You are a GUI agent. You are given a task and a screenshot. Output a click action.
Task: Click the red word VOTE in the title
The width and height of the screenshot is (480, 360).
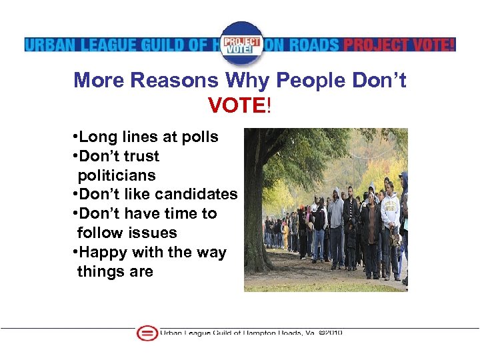click(237, 105)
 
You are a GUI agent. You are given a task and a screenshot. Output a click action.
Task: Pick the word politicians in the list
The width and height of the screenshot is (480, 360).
click(116, 175)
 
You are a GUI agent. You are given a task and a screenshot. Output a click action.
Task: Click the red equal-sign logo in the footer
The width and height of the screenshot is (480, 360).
click(147, 333)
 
